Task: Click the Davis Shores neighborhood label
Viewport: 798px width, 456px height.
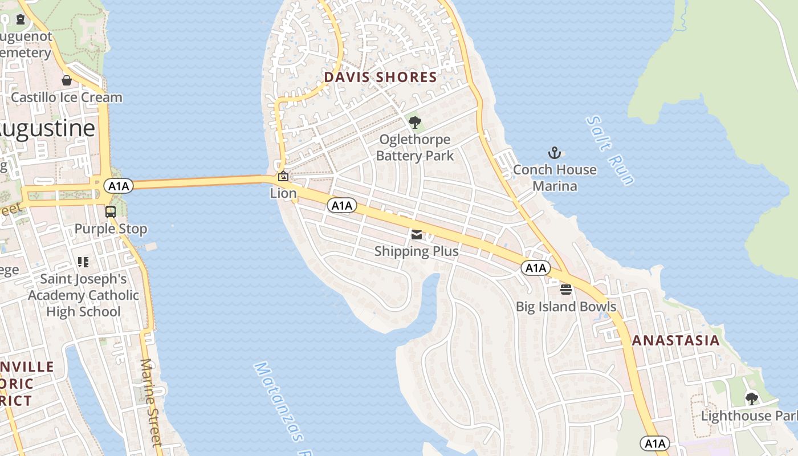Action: tap(380, 77)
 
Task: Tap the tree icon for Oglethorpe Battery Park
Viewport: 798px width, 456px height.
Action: tap(415, 122)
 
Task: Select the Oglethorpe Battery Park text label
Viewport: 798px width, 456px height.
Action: tap(415, 148)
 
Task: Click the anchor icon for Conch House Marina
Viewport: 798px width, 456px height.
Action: tap(555, 153)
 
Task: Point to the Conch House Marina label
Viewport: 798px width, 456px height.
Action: tap(555, 178)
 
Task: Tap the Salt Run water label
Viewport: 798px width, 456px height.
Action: tap(610, 150)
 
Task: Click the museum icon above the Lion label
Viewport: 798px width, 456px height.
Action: tap(283, 176)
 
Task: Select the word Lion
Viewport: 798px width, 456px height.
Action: tap(283, 193)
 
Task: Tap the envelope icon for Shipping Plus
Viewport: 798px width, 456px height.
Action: tap(417, 235)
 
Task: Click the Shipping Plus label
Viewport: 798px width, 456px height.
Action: tap(417, 251)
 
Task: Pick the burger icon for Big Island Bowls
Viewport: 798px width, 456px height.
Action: tap(566, 290)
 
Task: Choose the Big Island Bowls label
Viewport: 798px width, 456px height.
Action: tap(566, 307)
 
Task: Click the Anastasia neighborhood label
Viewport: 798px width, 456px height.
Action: tap(676, 341)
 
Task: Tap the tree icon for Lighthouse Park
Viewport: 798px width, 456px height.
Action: tap(752, 398)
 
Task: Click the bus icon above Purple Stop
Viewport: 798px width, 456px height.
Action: tap(111, 212)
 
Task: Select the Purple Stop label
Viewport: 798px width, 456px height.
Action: tap(111, 229)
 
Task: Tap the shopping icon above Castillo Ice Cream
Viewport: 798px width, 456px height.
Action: tap(67, 80)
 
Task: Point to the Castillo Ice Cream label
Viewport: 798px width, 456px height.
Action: tap(67, 97)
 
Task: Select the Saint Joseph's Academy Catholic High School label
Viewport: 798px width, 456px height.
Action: tap(84, 295)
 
